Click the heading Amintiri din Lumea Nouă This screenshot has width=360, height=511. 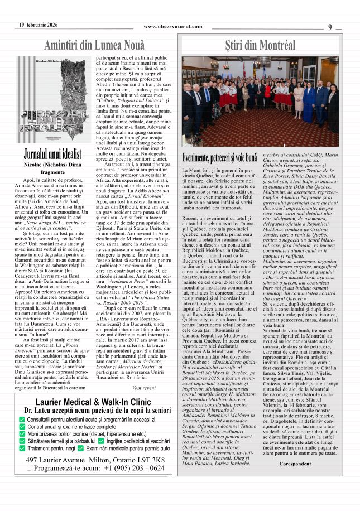[x=94, y=45]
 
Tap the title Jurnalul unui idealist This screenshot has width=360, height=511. [x=52, y=155]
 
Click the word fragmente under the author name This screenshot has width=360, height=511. [x=52, y=172]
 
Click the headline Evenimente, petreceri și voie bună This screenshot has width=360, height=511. [x=220, y=158]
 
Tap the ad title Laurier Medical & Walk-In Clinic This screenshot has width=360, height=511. [x=93, y=417]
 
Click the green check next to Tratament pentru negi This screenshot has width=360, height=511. [x=21, y=448]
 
